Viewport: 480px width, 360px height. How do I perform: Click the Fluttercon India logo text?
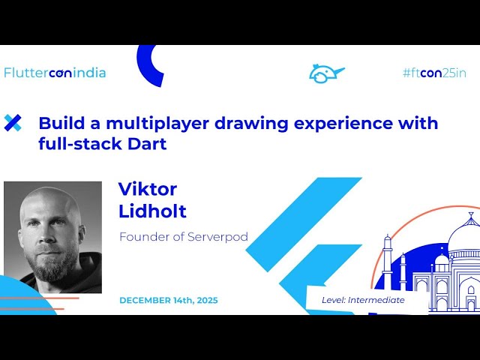tap(55, 73)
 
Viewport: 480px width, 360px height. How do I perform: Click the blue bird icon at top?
tap(325, 73)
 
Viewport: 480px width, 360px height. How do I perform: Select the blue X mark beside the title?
tap(13, 123)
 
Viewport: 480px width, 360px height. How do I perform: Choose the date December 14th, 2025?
tap(169, 300)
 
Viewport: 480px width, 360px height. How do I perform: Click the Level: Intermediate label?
tap(363, 300)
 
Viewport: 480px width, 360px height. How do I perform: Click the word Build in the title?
tap(58, 123)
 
